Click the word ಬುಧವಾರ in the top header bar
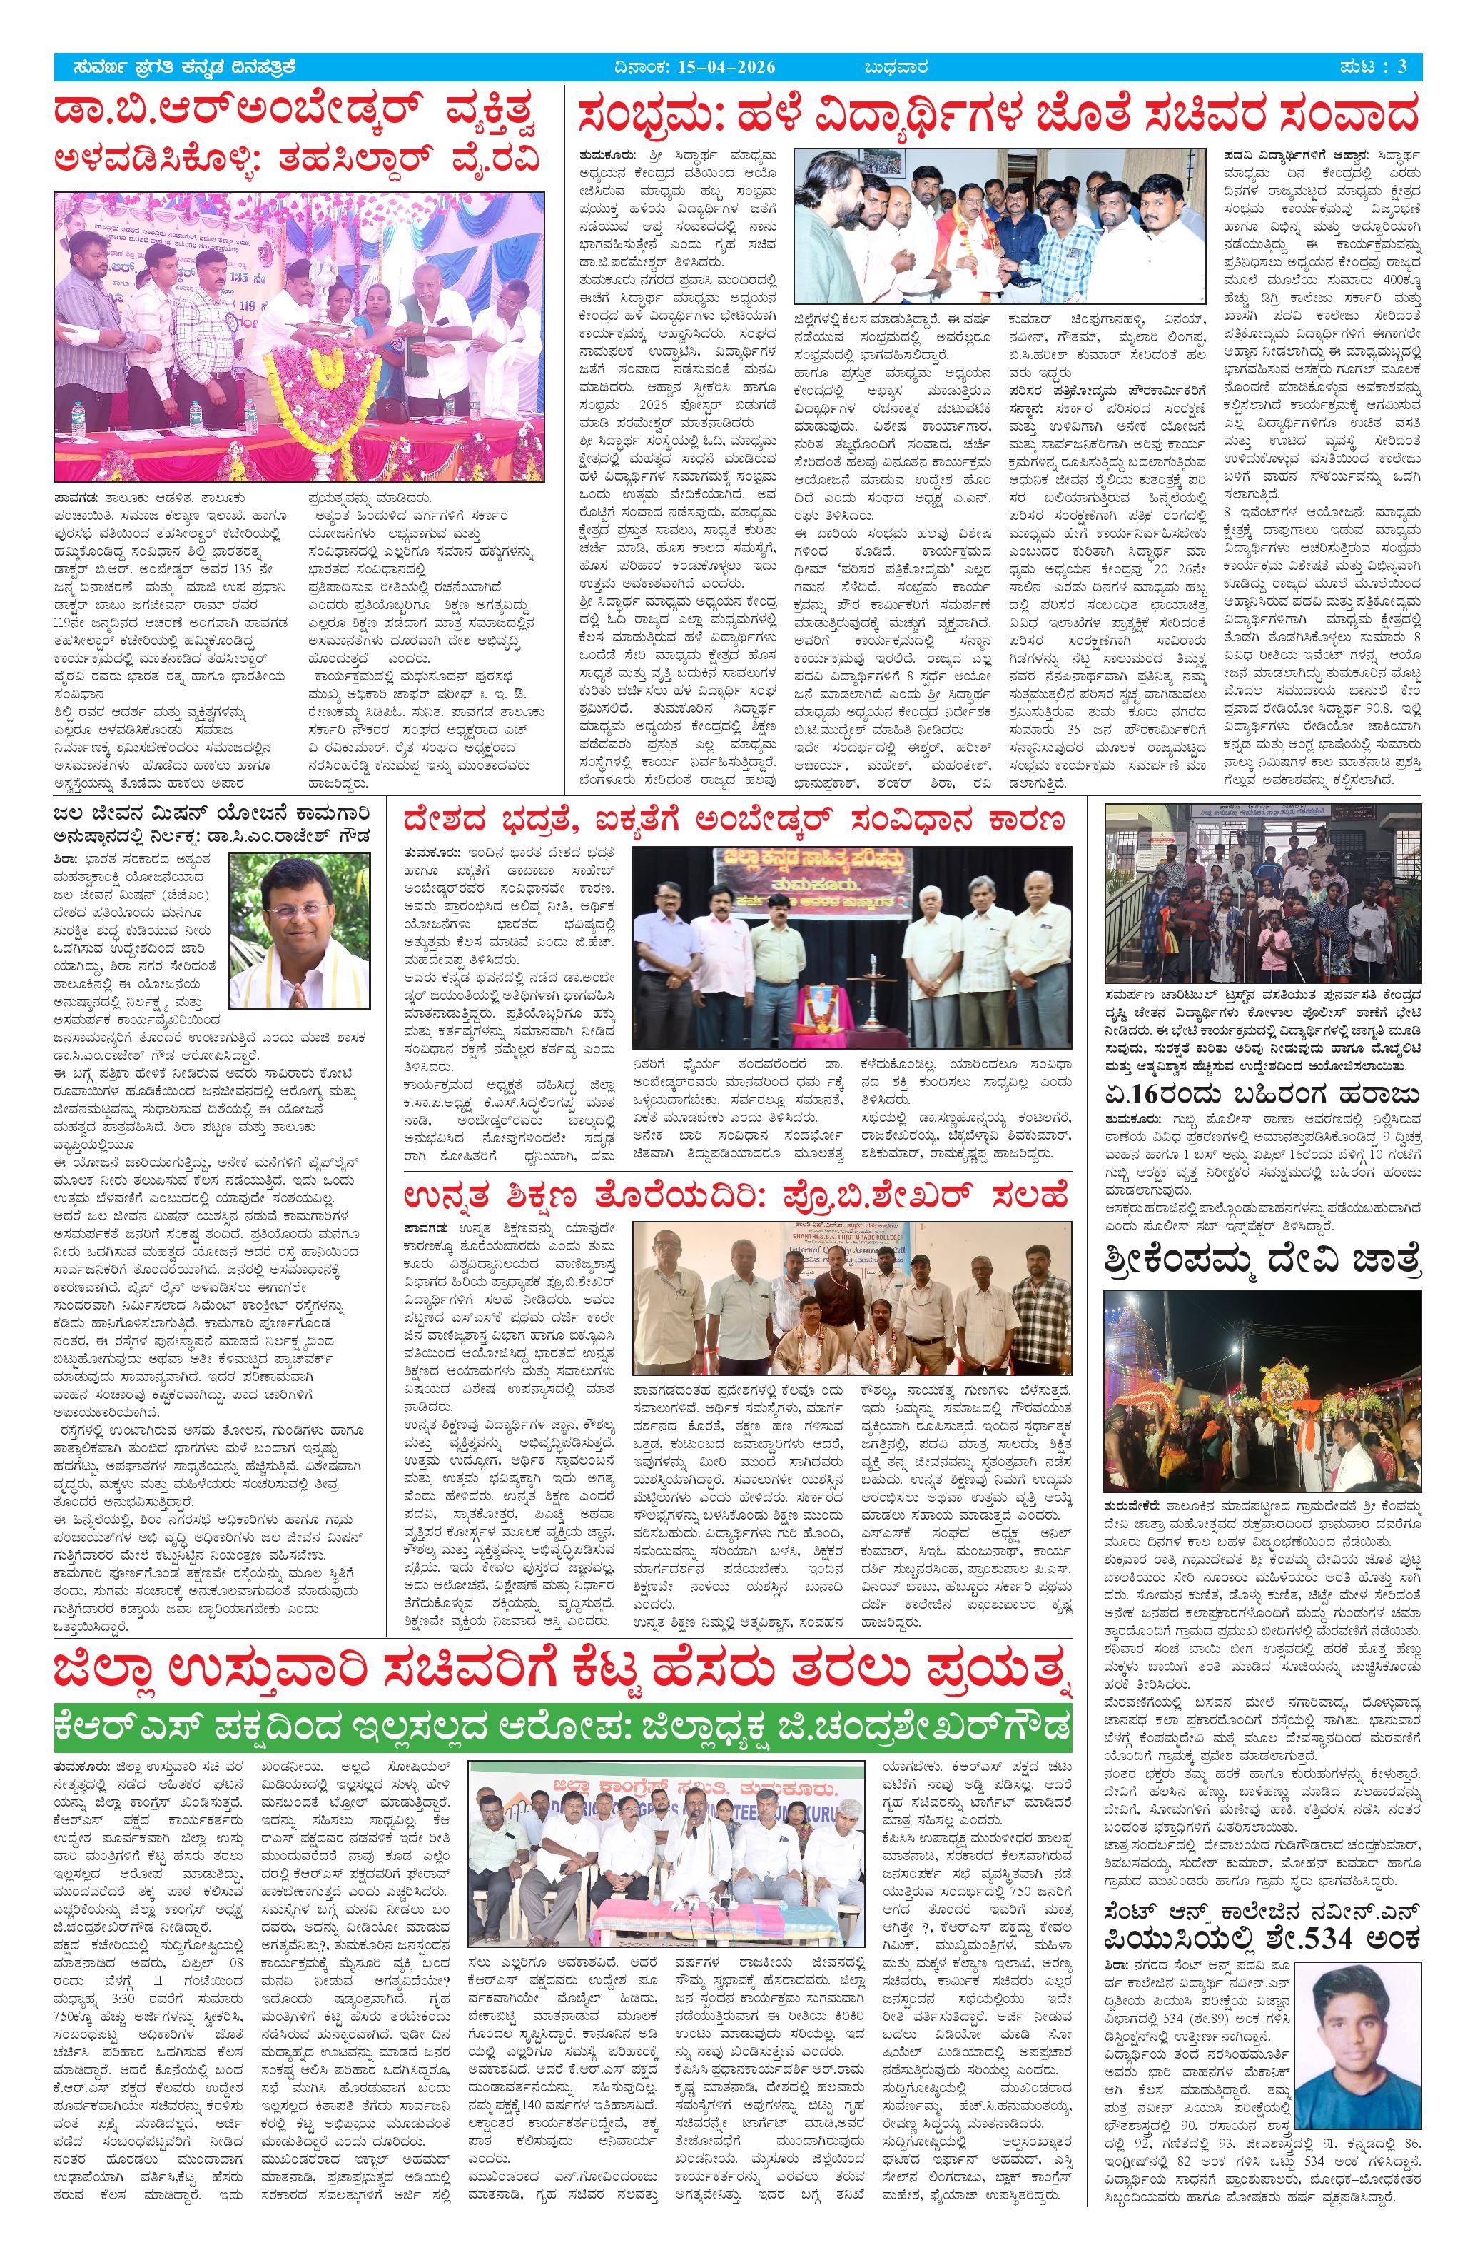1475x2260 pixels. tap(895, 67)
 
